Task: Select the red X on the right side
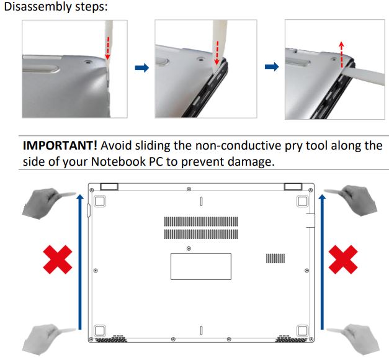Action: [x=343, y=261]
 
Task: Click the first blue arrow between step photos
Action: [x=142, y=68]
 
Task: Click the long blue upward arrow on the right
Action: [x=321, y=261]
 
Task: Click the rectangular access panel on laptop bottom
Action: [x=200, y=266]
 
